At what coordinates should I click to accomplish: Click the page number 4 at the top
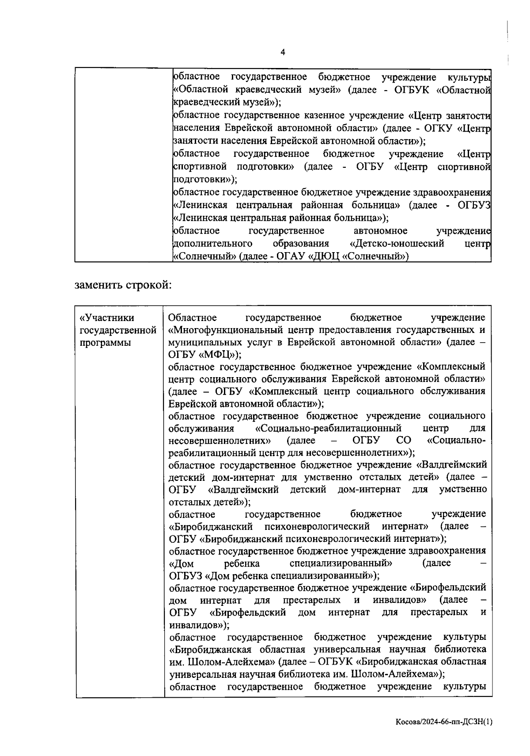tap(283, 52)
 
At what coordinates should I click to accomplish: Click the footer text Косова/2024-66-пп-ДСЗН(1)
tap(443, 722)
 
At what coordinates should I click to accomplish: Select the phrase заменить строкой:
tap(123, 285)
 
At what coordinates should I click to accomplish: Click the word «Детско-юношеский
tap(396, 244)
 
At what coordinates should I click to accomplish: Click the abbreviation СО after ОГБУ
tap(403, 441)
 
